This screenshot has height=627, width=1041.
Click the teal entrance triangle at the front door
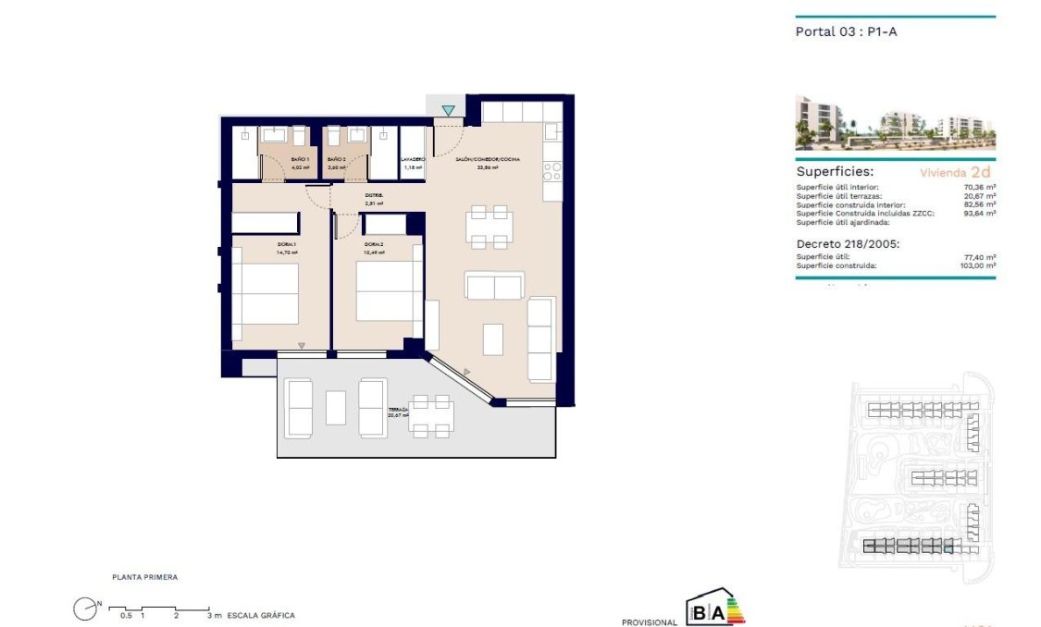click(x=448, y=111)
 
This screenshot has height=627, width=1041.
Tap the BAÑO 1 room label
click(x=300, y=160)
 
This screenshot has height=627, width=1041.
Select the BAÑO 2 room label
click(x=337, y=160)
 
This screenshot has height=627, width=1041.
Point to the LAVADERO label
click(x=413, y=160)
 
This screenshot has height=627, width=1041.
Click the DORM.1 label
click(x=286, y=244)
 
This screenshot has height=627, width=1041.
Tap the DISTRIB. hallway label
click(x=374, y=195)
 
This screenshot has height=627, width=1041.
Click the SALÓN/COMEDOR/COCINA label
click(x=487, y=160)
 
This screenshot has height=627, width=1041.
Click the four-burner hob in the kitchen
click(x=552, y=170)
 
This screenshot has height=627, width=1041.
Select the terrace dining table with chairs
click(x=431, y=416)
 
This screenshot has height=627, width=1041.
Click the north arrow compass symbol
click(x=86, y=608)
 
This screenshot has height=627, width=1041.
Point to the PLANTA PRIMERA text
click(x=144, y=577)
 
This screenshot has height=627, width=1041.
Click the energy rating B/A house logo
click(x=714, y=609)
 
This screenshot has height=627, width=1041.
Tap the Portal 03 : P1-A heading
click(x=847, y=31)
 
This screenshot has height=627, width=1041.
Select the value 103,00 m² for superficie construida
click(x=978, y=266)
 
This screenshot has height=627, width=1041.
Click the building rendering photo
click(x=895, y=122)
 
